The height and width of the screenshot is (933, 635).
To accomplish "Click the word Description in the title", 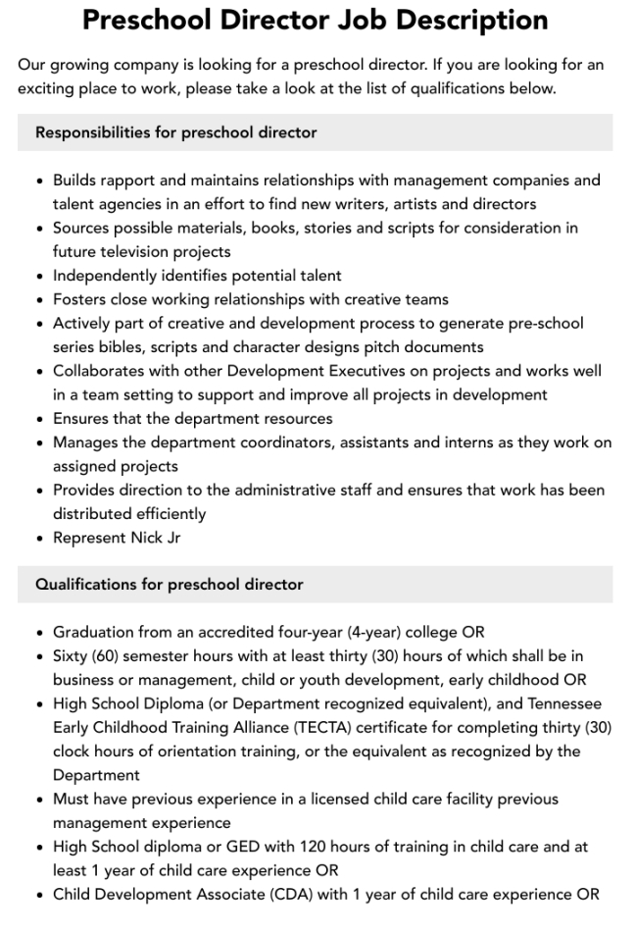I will tap(466, 20).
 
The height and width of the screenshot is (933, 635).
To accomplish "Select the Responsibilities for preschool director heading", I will tap(176, 131).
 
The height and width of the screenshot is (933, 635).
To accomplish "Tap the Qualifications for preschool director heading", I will tap(170, 584).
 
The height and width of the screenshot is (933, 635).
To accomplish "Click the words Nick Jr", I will tap(156, 538).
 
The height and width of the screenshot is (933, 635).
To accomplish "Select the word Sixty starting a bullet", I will tap(73, 656).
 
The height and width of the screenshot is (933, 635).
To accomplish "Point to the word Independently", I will tap(101, 276).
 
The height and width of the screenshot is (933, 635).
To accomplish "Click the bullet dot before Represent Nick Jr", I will tap(39, 539).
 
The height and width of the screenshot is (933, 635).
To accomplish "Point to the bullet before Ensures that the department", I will tap(39, 419).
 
